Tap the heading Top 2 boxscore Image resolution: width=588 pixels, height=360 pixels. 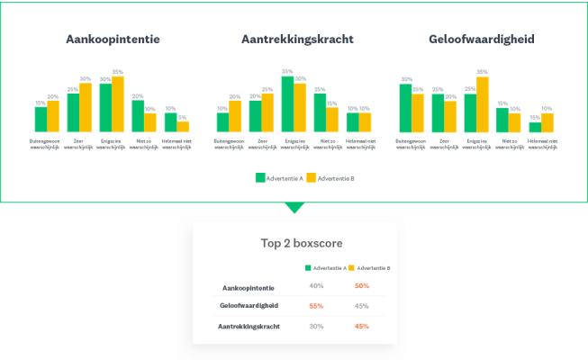tap(294, 243)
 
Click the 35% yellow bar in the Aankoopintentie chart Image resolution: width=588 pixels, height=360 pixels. tap(117, 104)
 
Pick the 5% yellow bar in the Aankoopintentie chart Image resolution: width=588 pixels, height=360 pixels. tap(183, 126)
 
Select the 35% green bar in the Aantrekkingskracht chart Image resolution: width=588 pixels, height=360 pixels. tap(287, 104)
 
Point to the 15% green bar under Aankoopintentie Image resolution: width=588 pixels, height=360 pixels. tap(41, 119)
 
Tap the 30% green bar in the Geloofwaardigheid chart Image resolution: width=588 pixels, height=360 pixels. tap(405, 108)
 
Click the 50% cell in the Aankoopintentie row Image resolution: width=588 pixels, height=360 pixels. tap(362, 286)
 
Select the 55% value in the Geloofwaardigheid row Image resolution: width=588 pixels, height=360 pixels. tap(316, 306)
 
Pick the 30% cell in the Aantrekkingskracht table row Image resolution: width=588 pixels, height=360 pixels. tap(316, 326)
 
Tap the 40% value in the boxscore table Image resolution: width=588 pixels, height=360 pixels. tap(316, 286)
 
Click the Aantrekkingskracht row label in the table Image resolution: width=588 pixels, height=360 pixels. tap(248, 326)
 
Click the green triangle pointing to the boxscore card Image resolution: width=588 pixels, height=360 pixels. tap(294, 208)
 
